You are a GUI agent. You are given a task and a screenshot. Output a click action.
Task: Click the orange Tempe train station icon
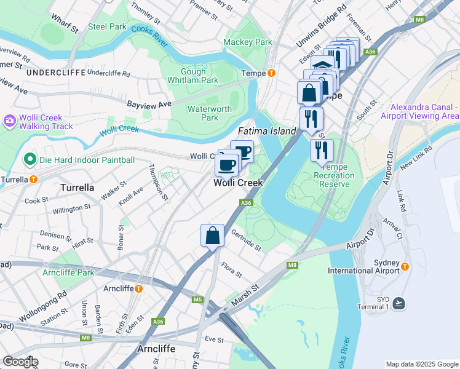[271, 73]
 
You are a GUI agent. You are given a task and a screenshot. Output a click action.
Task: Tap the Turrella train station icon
[33, 180]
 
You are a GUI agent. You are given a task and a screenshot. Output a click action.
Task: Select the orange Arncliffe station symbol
[139, 288]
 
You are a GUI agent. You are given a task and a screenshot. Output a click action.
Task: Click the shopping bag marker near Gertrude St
[212, 236]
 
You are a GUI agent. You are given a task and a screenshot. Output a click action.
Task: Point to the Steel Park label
[107, 26]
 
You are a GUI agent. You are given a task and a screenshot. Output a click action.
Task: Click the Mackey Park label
[247, 42]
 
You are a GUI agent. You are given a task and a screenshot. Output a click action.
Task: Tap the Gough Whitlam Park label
[193, 76]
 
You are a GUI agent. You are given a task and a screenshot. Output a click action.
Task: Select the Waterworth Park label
[210, 113]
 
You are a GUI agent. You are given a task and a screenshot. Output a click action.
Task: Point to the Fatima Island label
[267, 131]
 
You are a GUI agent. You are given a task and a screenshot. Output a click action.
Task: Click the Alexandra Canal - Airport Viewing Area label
[419, 111]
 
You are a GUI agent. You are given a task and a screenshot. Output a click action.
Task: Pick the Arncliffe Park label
[68, 272]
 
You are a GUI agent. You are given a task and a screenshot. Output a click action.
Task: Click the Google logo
[20, 362]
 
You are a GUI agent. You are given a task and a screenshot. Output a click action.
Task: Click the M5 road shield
[197, 300]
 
